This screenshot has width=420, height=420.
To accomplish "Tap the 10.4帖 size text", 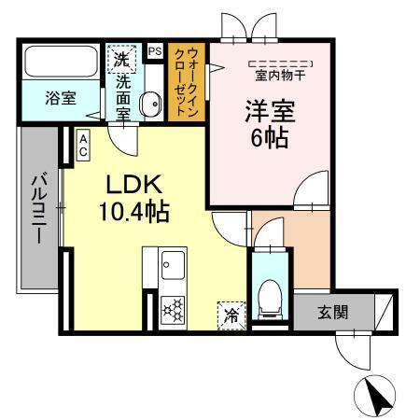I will point(134,212).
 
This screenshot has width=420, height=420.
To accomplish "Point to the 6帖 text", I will point(269,138).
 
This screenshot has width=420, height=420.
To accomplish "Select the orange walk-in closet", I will point(188,84).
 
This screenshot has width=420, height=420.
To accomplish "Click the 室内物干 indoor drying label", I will point(280,73).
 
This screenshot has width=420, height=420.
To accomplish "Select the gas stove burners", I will point(173,308).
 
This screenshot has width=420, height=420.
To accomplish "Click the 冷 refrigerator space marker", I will point(229,315).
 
